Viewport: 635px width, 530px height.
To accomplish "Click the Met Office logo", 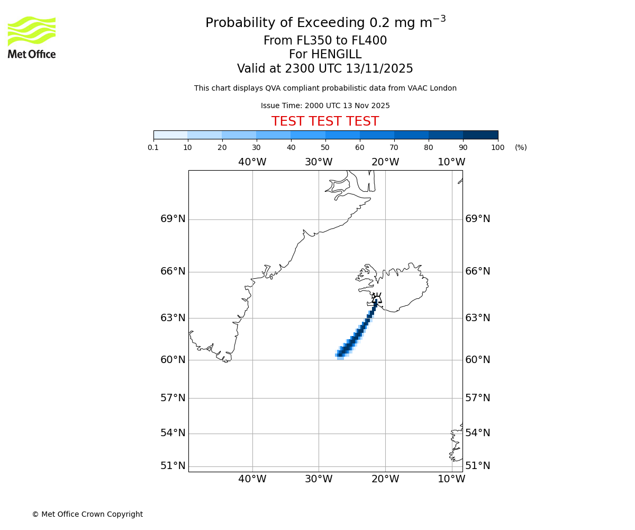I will pos(32,37).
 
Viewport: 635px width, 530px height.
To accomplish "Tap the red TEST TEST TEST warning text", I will pos(325,121).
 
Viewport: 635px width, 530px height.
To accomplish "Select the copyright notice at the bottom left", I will pos(87,514).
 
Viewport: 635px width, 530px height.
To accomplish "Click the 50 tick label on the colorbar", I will pos(325,147).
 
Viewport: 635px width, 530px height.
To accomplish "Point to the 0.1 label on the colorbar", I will pos(153,147).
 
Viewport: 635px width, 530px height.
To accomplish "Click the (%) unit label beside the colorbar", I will pos(521,147).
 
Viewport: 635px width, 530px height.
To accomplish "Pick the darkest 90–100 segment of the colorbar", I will pos(480,135).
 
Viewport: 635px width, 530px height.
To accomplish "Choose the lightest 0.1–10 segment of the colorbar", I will pos(170,135).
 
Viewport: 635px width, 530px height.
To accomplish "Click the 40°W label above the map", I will pos(252,162).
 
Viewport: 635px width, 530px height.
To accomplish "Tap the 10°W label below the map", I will pos(451,479).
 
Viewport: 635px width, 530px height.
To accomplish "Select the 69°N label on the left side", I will pos(173,219).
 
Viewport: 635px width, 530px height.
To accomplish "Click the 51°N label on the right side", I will pos(478,466).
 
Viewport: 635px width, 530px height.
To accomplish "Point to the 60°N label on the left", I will pos(173,360).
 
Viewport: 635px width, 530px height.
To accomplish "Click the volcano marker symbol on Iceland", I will pos(376,298).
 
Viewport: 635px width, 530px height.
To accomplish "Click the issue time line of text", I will pos(325,105).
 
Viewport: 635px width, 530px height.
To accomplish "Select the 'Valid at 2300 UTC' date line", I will pos(325,69).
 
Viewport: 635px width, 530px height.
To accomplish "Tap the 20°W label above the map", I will pos(385,162).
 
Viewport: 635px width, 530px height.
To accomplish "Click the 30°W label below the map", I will pos(319,479).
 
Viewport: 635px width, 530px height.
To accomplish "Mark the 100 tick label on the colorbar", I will pos(497,147).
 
